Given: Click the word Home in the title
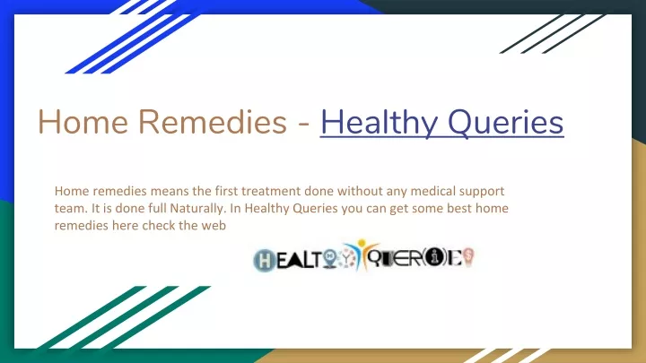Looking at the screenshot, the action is point(83,122).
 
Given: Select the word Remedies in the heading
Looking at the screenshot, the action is point(212,122).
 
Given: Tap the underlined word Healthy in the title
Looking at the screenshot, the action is point(379,123).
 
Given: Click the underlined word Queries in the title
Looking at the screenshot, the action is point(505,123).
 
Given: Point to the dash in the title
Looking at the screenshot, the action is point(303,125).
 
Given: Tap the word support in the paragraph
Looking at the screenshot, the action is point(482,192).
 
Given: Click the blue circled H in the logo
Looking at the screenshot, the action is point(265,261).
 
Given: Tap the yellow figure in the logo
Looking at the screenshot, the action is point(362,253).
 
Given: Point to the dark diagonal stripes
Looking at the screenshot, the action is point(553,34).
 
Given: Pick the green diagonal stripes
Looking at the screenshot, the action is point(124,317).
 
